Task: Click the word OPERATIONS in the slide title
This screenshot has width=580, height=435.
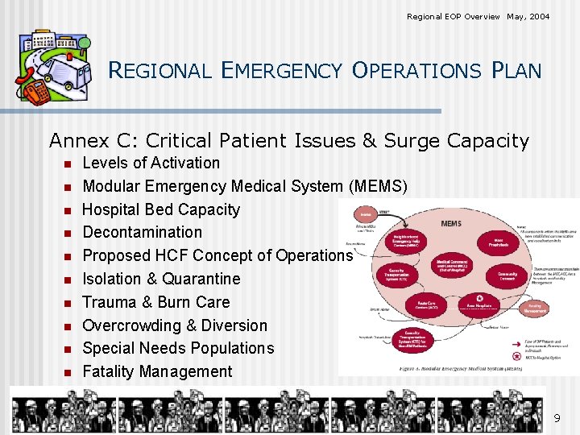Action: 416,70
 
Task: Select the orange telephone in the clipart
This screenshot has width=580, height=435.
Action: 35,93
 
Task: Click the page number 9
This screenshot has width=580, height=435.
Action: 557,418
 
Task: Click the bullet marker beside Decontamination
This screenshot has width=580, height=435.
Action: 68,234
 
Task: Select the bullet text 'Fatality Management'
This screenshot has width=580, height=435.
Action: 157,371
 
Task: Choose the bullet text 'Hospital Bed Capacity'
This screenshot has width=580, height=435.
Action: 161,209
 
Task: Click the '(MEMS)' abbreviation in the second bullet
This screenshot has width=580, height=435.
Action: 378,186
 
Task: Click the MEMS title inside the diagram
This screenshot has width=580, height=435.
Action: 452,223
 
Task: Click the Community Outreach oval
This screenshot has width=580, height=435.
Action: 507,276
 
